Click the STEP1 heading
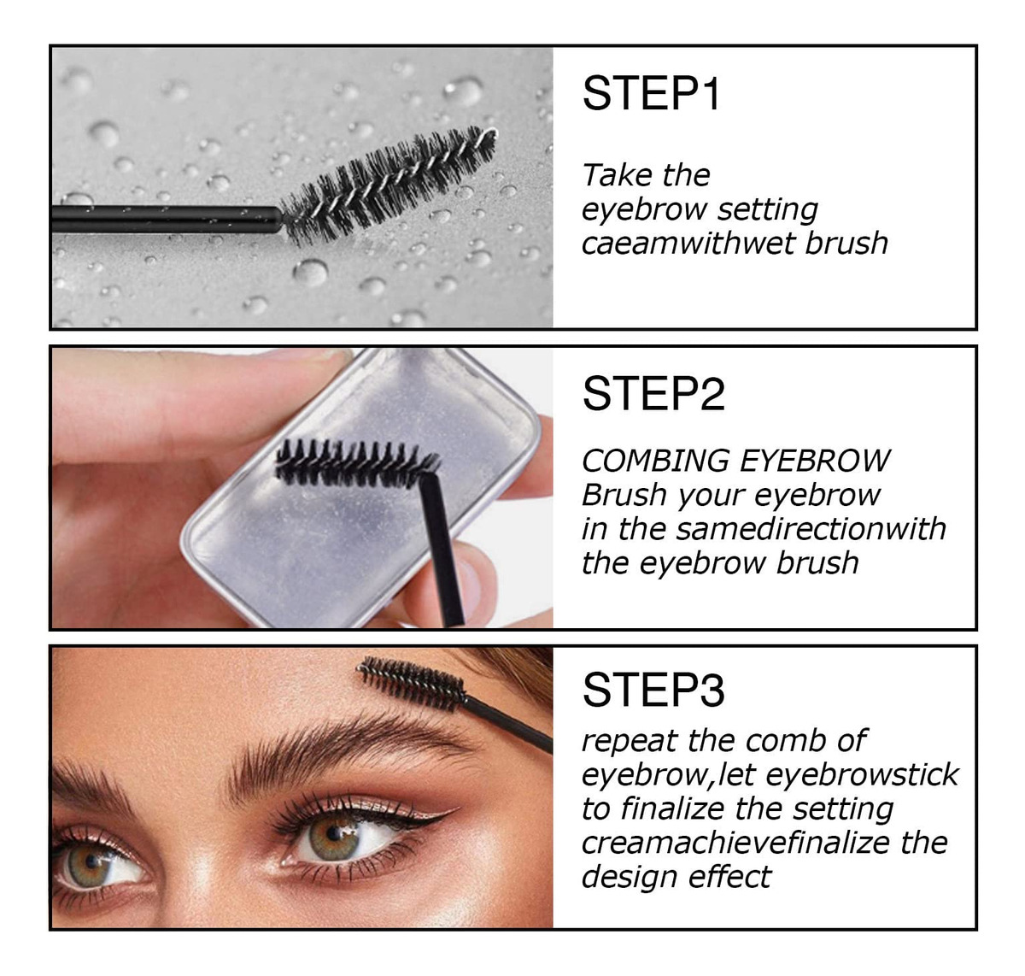(651, 93)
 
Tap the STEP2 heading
(653, 394)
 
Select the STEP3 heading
(653, 690)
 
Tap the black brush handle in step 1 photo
(167, 219)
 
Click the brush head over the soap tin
(356, 462)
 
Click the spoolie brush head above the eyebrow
(412, 683)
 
